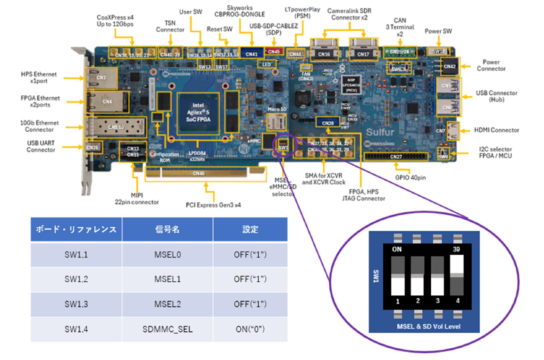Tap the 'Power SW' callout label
438,31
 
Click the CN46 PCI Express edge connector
199,173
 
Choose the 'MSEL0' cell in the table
167,255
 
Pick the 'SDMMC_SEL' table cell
167,329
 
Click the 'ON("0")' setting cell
250,329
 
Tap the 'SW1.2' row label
76,279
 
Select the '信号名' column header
167,230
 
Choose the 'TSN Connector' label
170,26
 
